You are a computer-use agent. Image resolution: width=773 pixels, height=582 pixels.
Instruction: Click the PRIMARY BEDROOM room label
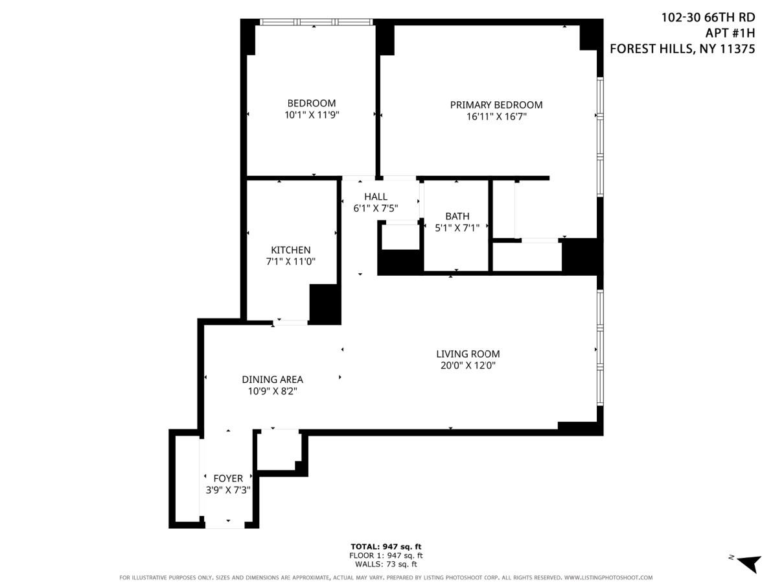pos(496,104)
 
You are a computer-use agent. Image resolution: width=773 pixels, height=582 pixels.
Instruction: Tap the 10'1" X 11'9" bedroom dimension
pos(312,115)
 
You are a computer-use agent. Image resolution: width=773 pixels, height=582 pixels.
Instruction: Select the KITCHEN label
pos(290,250)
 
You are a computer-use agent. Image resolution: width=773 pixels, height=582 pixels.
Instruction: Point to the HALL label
pos(375,197)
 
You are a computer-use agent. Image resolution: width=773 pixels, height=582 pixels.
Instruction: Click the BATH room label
pos(457,216)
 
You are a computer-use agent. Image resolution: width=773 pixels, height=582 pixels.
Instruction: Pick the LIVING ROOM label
pos(468,354)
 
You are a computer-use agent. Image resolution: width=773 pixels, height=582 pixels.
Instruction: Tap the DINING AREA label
pos(272,380)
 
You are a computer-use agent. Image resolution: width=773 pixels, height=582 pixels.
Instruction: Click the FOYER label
pos(228,479)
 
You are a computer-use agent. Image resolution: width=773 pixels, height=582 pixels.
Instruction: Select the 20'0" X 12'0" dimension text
pos(468,365)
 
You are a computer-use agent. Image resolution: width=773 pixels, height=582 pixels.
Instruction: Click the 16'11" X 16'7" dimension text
pos(496,117)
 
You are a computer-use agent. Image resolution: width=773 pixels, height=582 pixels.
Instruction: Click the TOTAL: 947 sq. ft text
pos(386,546)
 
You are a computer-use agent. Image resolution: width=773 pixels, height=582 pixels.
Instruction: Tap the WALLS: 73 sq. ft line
pos(386,564)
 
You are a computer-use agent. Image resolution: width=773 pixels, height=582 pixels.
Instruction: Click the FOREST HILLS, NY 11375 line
pos(682,48)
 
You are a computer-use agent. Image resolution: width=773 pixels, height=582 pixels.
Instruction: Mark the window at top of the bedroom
pos(317,22)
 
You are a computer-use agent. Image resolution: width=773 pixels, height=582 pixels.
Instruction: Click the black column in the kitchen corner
pos(325,304)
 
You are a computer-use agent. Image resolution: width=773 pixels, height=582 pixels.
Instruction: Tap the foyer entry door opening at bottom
pos(225,524)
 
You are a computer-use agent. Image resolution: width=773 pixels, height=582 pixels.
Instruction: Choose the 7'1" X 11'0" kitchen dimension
pos(290,262)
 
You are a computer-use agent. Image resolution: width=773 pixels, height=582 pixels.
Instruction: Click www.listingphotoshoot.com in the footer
pos(608,577)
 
